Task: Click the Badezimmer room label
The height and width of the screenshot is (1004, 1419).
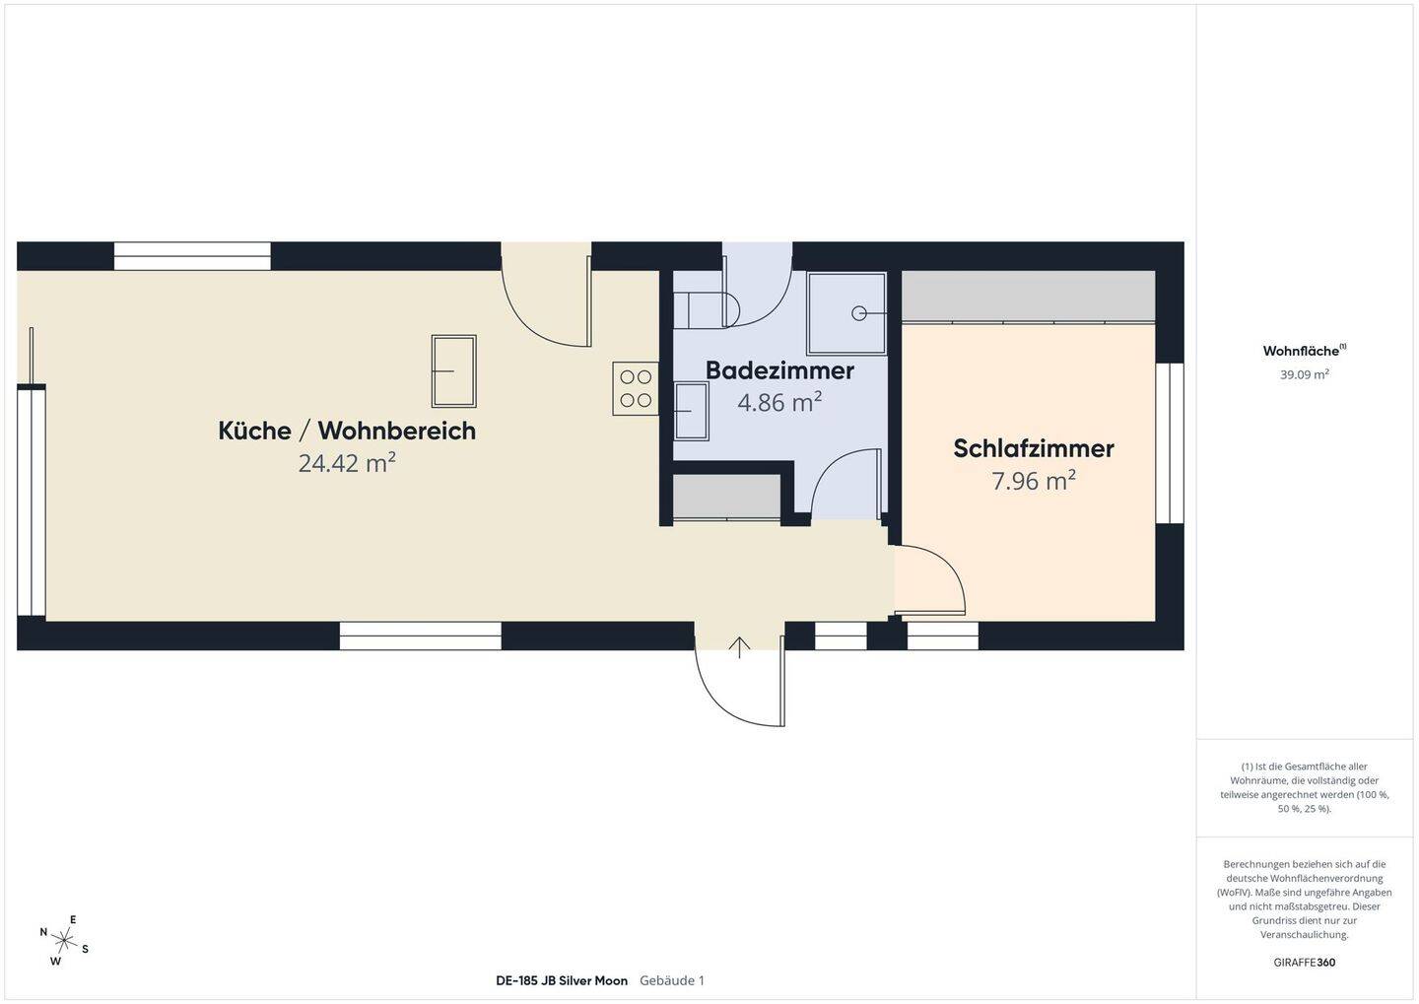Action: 779,371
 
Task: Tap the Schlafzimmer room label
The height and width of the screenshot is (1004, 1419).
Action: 1033,448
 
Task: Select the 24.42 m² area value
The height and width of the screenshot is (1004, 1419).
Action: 347,463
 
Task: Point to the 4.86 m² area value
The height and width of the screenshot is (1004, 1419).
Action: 779,402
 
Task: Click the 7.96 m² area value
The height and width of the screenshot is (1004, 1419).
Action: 1033,481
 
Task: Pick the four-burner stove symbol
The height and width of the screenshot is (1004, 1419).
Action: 636,388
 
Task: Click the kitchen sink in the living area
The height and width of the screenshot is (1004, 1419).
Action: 453,371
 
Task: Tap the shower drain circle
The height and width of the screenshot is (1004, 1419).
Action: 859,313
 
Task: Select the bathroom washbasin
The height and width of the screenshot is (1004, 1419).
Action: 691,411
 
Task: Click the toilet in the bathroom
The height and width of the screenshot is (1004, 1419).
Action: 707,309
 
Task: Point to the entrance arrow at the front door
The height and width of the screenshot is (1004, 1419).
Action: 739,647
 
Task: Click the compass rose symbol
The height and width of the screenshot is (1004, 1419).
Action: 64,940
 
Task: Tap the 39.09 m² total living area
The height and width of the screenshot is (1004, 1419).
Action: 1305,374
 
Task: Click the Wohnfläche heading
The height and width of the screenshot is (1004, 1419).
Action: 1305,351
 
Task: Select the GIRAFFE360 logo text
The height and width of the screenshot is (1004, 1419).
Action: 1305,963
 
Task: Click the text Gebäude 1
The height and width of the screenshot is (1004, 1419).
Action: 671,980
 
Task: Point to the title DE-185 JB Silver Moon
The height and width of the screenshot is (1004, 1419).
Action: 562,980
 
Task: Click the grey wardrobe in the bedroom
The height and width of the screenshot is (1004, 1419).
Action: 1028,297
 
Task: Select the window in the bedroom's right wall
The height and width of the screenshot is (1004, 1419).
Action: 1170,442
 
